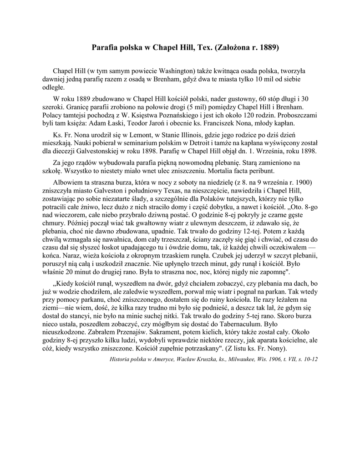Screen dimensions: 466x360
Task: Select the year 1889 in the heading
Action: [x=269, y=47]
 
